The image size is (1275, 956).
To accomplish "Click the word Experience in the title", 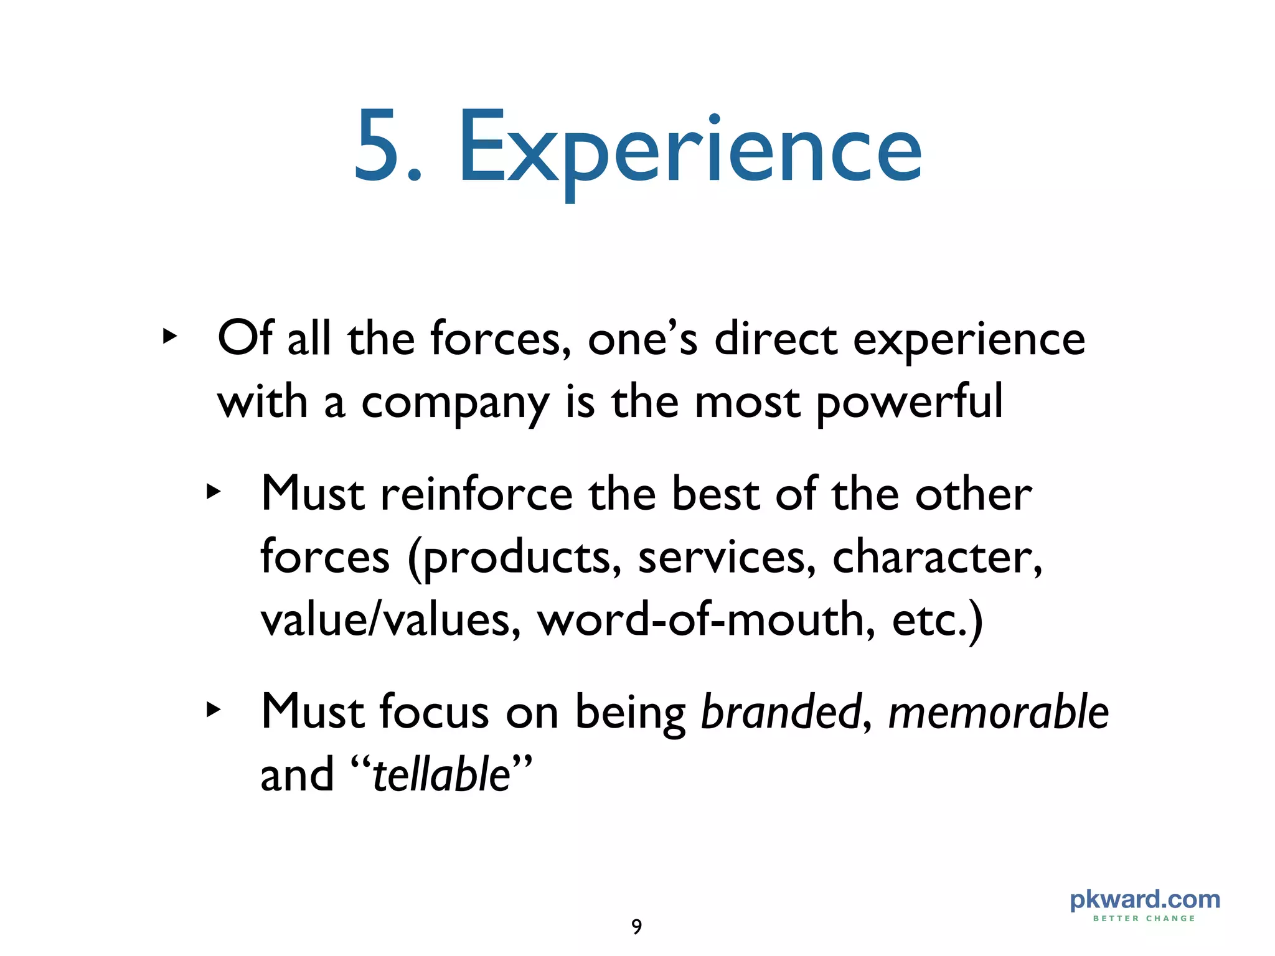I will tap(690, 149).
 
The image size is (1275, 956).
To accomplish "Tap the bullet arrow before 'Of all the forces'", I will tap(169, 337).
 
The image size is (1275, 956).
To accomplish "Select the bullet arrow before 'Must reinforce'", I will tap(214, 492).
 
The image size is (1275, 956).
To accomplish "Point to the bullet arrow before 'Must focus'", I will tap(214, 710).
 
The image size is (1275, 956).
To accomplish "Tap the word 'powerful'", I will tap(910, 403).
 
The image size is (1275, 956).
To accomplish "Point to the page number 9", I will tap(636, 927).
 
